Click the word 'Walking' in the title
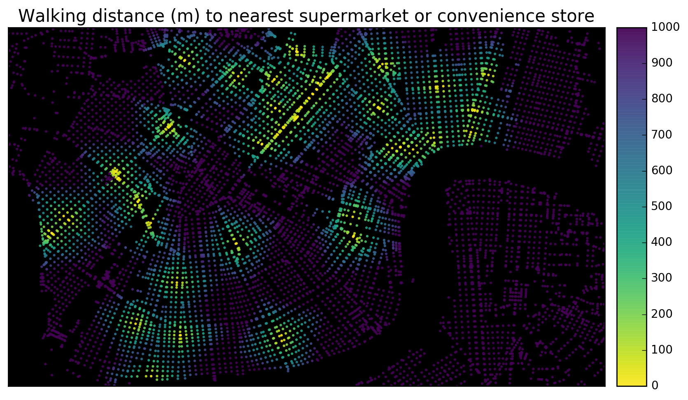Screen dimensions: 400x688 pyautogui.click(x=46, y=16)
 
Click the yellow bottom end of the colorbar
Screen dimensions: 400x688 pyautogui.click(x=631, y=382)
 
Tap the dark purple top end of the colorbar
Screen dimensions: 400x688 pyautogui.click(x=631, y=31)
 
